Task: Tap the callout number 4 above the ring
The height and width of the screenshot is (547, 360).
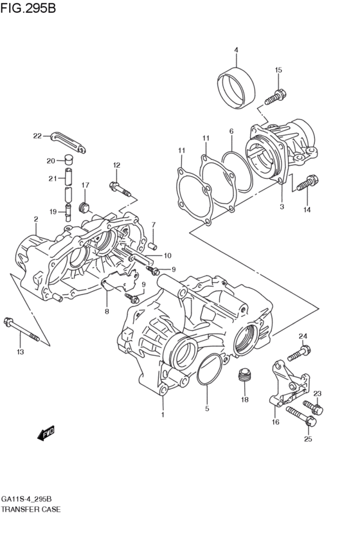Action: coord(236,50)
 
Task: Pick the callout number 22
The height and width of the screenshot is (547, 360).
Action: coord(37,136)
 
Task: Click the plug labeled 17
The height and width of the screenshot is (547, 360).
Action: coord(82,207)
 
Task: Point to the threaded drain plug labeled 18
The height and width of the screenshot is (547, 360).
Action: coord(244,377)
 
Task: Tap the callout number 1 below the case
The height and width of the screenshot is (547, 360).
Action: coord(163,415)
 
